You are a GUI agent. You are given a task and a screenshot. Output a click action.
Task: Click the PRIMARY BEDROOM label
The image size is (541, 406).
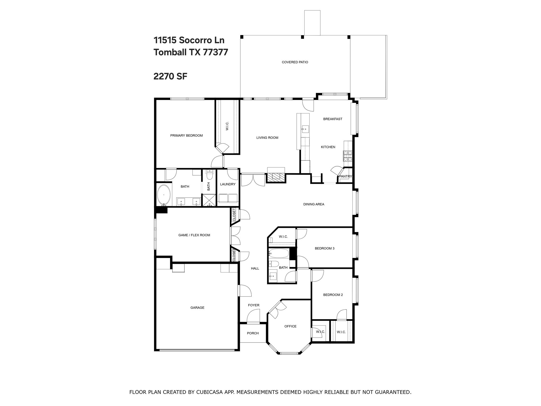[186, 136]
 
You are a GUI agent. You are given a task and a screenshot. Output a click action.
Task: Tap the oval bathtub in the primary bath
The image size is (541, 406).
[164, 195]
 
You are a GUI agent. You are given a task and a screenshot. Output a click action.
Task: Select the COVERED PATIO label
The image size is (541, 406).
[295, 62]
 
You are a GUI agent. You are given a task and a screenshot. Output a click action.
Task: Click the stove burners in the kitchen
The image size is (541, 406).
[348, 156]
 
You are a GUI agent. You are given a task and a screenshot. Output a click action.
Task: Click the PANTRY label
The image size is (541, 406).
[346, 176]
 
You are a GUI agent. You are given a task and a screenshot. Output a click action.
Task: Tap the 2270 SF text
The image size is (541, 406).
[170, 76]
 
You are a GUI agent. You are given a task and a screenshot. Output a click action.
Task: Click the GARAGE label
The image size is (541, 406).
[197, 308]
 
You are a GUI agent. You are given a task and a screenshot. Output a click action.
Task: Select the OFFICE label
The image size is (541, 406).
[290, 326]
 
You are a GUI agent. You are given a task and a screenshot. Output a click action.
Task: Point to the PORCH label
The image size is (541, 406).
[253, 333]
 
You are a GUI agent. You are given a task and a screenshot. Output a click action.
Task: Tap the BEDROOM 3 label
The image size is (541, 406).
[325, 248]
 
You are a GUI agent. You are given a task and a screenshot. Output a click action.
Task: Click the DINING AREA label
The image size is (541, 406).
[314, 204]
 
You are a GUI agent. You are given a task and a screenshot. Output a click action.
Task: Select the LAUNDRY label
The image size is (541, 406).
[228, 184]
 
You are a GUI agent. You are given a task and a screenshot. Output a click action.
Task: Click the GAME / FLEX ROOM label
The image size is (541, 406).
[194, 235]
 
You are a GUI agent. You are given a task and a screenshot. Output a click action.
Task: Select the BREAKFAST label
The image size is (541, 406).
[333, 119]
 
